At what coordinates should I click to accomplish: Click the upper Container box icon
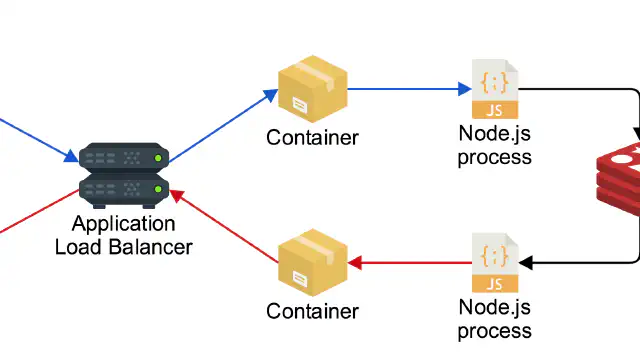click(x=313, y=89)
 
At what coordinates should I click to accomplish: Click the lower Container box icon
click(x=313, y=263)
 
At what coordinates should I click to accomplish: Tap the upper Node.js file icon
click(x=495, y=89)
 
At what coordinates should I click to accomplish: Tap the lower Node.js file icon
click(x=495, y=263)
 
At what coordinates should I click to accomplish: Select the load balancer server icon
click(x=124, y=176)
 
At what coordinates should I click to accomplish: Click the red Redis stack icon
click(x=618, y=178)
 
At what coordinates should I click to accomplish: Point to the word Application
click(x=124, y=224)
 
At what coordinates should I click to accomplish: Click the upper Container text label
click(x=313, y=138)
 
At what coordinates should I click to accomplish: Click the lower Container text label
click(x=313, y=311)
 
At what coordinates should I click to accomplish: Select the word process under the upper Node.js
click(x=495, y=158)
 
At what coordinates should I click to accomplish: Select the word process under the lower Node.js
click(x=495, y=332)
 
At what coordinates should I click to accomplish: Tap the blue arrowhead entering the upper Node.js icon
click(x=465, y=89)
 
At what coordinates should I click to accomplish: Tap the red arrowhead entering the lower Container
click(x=355, y=263)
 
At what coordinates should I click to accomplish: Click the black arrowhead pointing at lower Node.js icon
click(x=525, y=263)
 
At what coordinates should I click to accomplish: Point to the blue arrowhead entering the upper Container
click(x=271, y=95)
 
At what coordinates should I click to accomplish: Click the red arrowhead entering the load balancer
click(x=177, y=196)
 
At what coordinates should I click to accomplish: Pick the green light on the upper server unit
click(x=158, y=158)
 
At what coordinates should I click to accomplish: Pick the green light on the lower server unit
click(x=158, y=189)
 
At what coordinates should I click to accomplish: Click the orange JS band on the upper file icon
click(x=495, y=110)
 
